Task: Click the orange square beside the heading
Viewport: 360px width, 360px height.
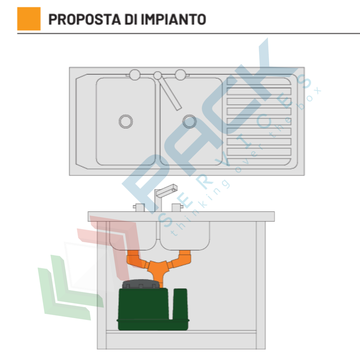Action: tap(29, 19)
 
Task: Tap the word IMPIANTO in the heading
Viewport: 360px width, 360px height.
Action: tap(173, 19)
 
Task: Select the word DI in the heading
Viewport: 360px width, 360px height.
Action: tap(131, 19)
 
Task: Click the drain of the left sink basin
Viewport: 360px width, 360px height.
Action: tap(126, 121)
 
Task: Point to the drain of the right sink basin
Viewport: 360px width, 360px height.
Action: tap(190, 121)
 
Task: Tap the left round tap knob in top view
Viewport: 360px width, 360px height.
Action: tap(135, 75)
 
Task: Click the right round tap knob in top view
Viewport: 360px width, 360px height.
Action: tap(180, 75)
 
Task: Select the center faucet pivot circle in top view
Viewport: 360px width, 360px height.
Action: tap(158, 75)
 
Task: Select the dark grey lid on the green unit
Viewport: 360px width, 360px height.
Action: tap(141, 284)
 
